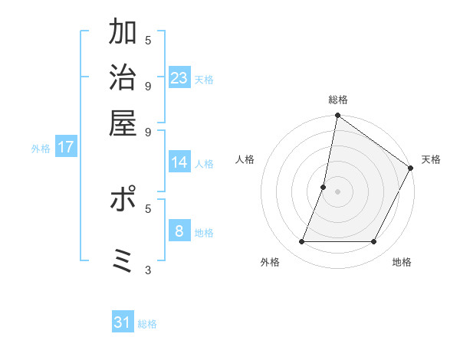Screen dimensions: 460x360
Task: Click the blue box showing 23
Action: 179,77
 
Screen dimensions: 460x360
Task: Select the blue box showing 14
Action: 179,162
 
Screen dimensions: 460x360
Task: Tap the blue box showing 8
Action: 179,231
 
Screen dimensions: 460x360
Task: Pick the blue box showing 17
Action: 65,147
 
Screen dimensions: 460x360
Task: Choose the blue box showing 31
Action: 123,322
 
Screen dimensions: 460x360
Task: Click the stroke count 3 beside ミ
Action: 148,269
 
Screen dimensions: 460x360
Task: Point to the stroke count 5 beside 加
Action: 148,40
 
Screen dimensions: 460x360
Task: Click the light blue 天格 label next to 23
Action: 204,80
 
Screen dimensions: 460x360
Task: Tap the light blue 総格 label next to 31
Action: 147,324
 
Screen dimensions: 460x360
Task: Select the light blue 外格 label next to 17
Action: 41,149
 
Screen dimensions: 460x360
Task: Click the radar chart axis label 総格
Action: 337,100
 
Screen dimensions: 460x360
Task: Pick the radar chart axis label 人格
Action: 245,159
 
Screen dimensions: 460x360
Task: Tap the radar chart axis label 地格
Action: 402,263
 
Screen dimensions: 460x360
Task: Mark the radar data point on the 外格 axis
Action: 302,242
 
